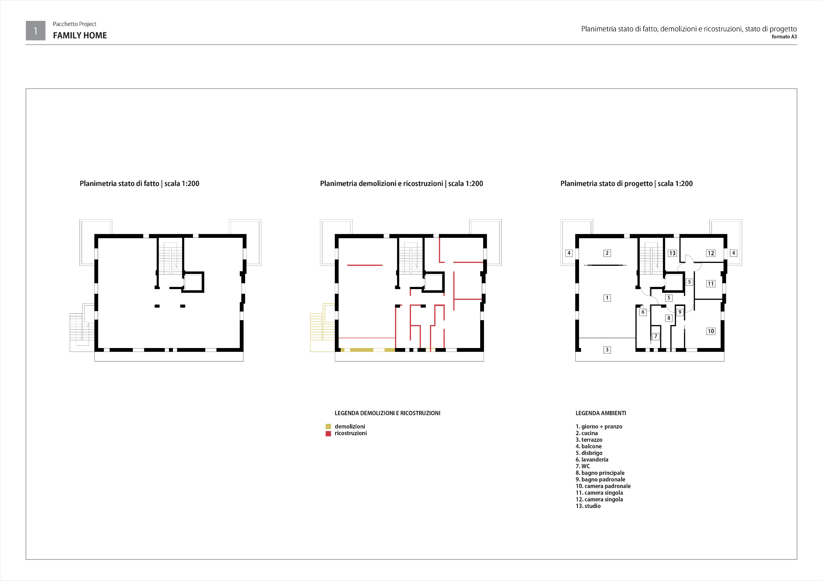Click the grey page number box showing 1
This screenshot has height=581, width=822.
tap(35, 31)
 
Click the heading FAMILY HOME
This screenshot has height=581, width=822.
tap(80, 35)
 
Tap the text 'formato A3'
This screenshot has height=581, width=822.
tap(784, 37)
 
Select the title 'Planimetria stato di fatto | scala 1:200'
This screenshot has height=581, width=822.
tap(139, 184)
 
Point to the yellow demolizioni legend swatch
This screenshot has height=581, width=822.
tap(328, 426)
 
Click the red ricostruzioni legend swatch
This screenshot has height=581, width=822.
tap(328, 434)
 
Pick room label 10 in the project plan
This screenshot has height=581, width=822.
tap(711, 331)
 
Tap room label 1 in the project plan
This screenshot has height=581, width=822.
tap(607, 298)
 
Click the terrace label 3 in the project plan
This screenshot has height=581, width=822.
tap(607, 349)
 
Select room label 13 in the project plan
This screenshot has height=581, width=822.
tap(672, 253)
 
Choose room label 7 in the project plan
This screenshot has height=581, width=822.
tap(655, 336)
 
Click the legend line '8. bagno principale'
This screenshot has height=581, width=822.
tap(600, 473)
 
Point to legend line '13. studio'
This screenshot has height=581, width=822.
tap(588, 506)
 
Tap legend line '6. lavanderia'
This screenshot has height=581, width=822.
tap(592, 460)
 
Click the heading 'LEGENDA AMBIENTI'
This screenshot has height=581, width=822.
tap(601, 413)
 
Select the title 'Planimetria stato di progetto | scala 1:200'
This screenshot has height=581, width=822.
tap(626, 184)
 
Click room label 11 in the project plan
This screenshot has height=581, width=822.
tap(711, 284)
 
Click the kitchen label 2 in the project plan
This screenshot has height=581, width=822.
tap(607, 253)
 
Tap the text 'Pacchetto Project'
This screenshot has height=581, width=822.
tap(74, 24)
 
